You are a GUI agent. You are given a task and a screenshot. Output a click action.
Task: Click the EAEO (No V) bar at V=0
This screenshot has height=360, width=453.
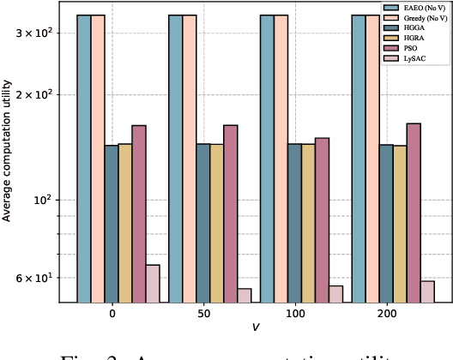point(84,159)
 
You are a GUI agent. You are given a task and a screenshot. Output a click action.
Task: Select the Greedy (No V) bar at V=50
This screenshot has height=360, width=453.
point(190,159)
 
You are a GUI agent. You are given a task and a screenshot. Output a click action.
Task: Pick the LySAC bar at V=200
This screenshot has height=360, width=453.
point(427,291)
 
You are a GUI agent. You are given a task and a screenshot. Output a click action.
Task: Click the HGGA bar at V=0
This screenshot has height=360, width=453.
point(112,223)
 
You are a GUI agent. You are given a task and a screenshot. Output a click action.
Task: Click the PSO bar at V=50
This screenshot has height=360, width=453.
point(231,213)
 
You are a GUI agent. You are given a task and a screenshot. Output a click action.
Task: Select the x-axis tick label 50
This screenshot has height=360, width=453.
point(203,315)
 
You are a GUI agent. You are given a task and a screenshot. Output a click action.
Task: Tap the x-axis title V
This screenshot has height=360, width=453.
point(256,327)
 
